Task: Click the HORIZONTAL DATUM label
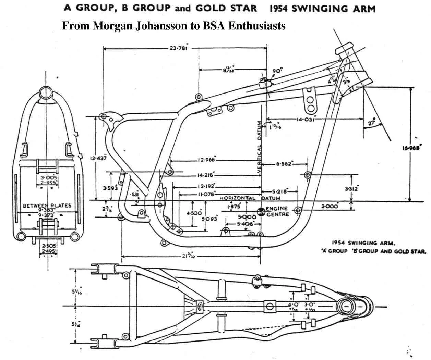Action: coord(250,198)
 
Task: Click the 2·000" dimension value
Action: coord(330,206)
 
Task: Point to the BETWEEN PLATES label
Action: coord(47,206)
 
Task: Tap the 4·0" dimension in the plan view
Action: coord(294,304)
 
